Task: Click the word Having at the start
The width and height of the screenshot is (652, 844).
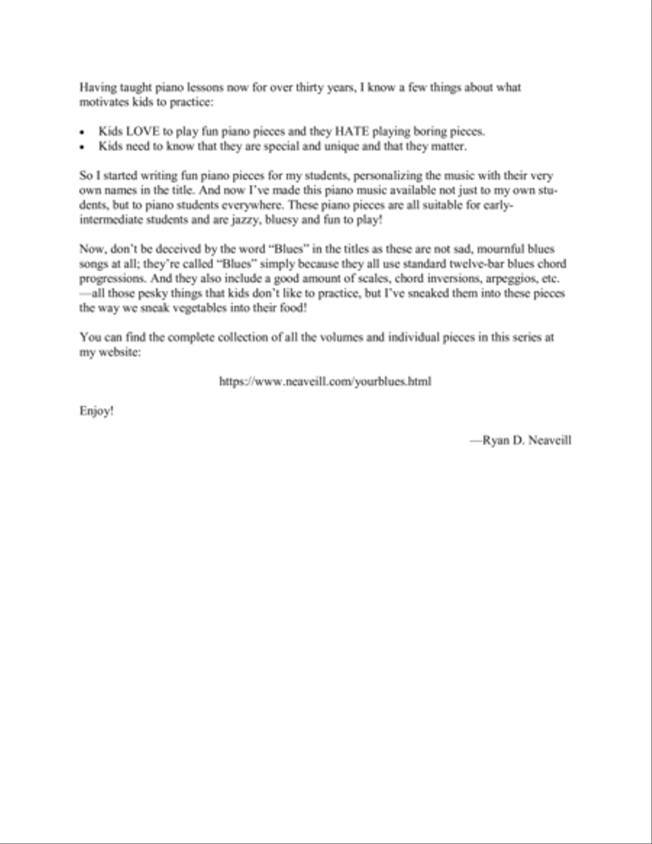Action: click(96, 88)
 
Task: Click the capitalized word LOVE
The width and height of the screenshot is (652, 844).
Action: click(140, 132)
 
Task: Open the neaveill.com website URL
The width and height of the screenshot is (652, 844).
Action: click(325, 381)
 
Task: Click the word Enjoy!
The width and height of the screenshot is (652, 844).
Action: click(96, 411)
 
